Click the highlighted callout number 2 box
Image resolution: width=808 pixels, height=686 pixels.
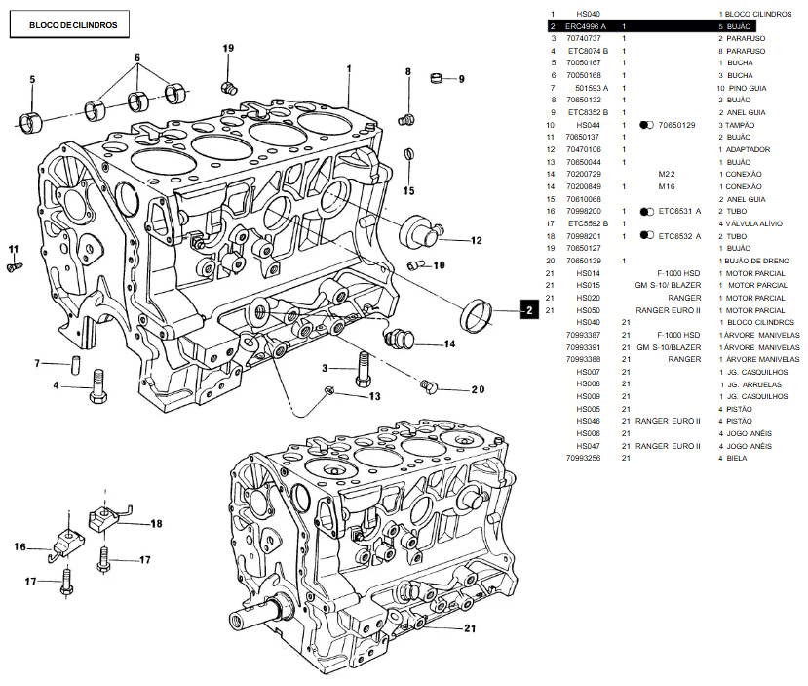click(x=528, y=310)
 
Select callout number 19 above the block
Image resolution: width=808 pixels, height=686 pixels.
click(x=228, y=48)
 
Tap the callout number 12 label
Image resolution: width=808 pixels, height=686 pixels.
click(x=476, y=240)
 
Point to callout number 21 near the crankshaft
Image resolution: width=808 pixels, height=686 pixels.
click(x=471, y=627)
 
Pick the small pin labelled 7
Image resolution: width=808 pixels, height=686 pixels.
click(x=74, y=365)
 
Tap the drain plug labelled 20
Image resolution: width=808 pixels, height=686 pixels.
click(x=427, y=387)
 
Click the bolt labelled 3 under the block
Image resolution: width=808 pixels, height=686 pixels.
click(x=364, y=368)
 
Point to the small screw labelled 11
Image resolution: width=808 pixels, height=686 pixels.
click(x=14, y=264)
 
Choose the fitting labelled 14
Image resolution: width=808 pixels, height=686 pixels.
click(x=399, y=339)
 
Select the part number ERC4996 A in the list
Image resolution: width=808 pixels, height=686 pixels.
click(x=585, y=25)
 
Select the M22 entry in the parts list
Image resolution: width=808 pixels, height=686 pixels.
click(x=667, y=174)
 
